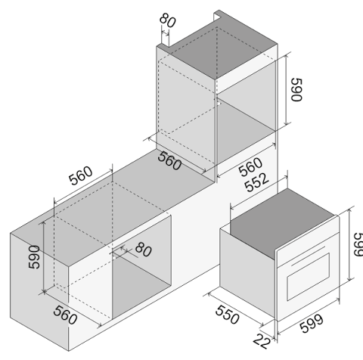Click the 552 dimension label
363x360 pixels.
coord(257,182)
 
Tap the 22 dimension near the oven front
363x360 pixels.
coord(262,341)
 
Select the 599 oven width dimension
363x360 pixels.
coord(312,324)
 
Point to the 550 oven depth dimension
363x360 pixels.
coord(227,315)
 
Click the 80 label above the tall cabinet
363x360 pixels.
coord(168,20)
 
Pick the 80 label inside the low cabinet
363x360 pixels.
coord(144,250)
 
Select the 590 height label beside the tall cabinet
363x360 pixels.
coord(296,90)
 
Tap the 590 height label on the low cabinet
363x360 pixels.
coord(34,257)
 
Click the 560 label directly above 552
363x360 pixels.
coord(250,167)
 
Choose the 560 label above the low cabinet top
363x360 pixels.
coord(81,175)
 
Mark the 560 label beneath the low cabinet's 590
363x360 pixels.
coord(65,315)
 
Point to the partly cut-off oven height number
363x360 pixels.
coord(358,244)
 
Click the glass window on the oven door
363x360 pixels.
coord(308,277)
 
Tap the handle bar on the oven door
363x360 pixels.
coord(308,256)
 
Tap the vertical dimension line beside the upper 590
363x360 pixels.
coord(286,89)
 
